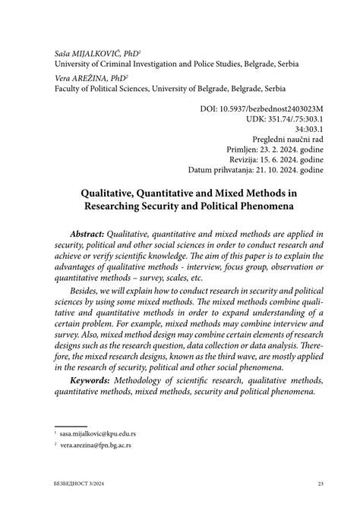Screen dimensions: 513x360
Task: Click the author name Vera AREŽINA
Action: (78, 77)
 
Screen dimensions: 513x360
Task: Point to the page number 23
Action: (321, 483)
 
